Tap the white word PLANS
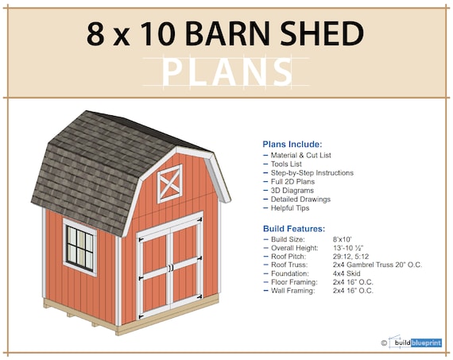(226, 73)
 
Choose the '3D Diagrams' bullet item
(292, 190)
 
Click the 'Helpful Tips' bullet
(292, 208)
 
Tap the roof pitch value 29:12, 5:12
(354, 255)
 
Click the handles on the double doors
(169, 268)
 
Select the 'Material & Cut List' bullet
(302, 154)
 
